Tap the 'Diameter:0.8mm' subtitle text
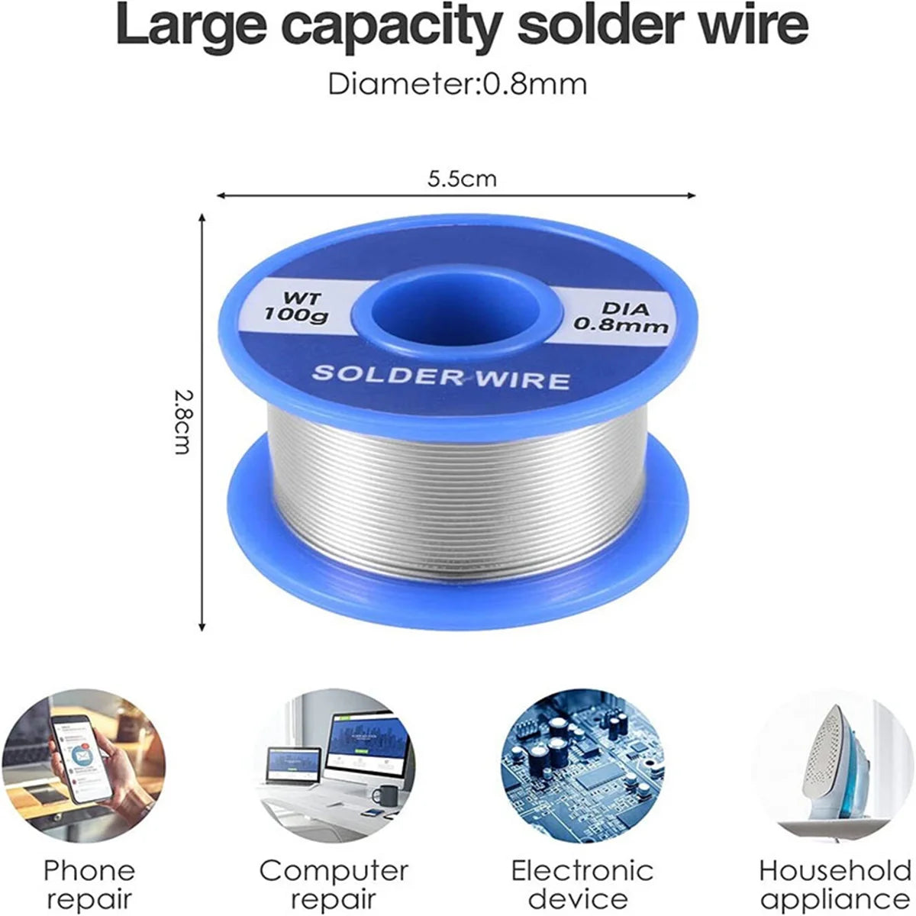click(x=457, y=84)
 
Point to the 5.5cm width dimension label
click(x=462, y=179)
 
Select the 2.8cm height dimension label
click(x=182, y=421)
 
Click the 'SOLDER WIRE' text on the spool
click(x=442, y=376)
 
